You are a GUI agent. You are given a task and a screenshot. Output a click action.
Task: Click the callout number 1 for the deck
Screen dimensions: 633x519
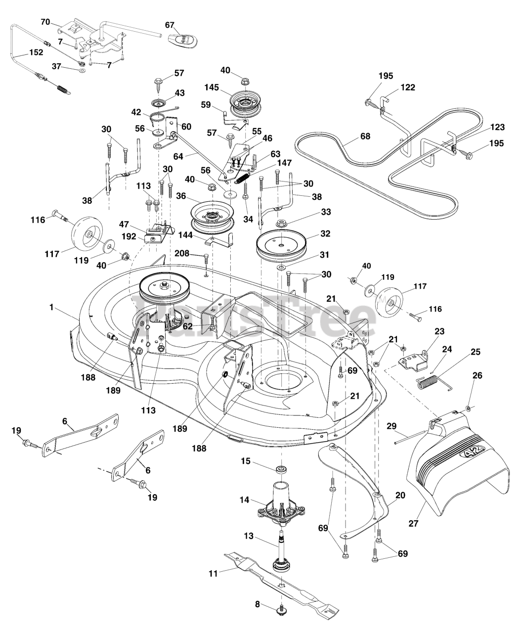51,307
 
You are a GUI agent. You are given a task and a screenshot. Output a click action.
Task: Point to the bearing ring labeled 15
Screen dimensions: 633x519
280,468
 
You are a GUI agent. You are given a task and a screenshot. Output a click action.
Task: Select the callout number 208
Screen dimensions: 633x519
181,253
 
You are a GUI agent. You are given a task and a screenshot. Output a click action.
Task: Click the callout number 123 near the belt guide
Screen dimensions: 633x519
497,128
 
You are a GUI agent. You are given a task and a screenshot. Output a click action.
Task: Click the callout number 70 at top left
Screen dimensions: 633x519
45,22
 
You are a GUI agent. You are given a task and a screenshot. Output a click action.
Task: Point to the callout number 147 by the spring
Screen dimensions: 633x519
284,163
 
